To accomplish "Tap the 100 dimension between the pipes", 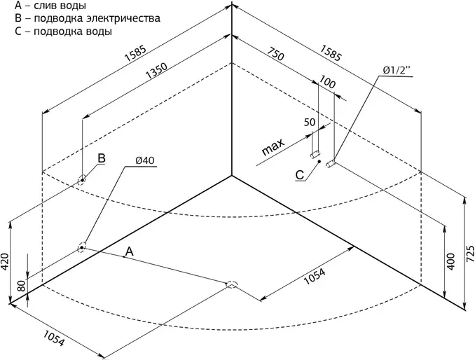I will [x=326, y=82].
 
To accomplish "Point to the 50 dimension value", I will [x=309, y=123].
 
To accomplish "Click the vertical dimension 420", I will [x=6, y=261].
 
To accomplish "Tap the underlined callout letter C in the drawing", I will [x=299, y=175].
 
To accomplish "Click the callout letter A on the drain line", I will [x=129, y=250].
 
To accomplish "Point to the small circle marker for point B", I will [x=82, y=179].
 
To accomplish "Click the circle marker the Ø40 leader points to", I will [x=81, y=247].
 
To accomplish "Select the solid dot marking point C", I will [x=319, y=162].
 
